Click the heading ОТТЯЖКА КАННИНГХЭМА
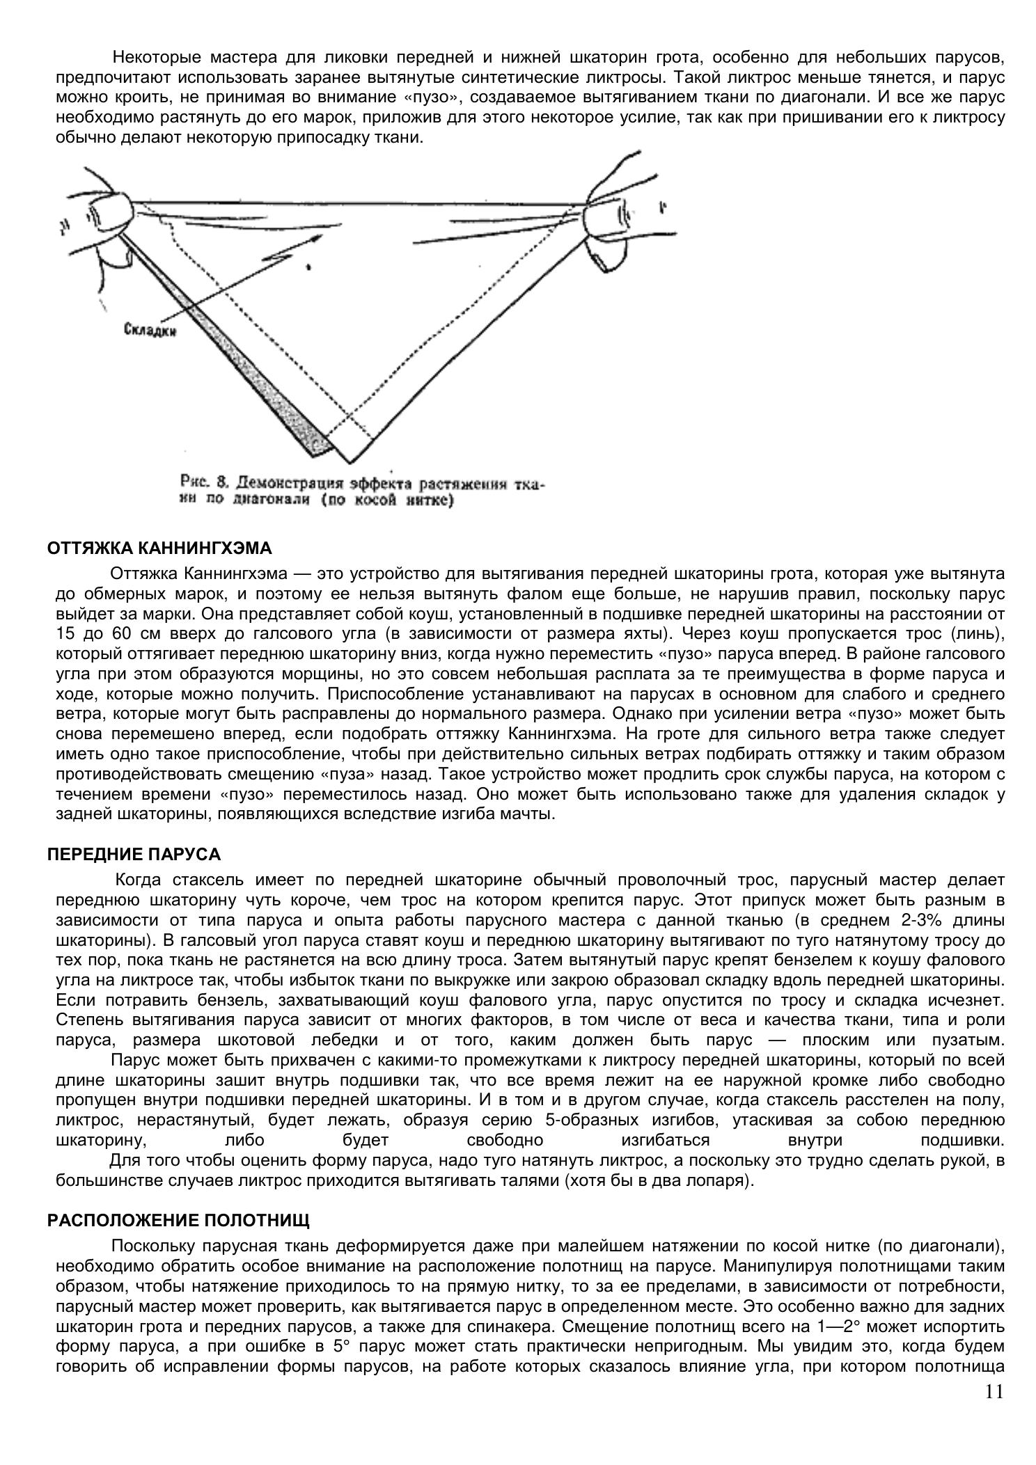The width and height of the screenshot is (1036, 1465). point(159,548)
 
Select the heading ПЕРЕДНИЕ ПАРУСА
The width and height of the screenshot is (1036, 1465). point(134,854)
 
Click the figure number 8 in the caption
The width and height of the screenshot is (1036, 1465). point(222,482)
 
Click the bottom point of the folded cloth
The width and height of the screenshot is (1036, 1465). point(347,461)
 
